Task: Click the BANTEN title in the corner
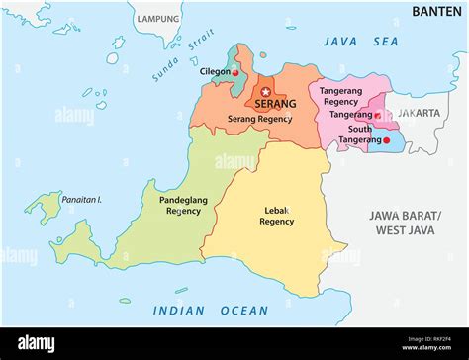436,11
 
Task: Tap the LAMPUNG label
158,19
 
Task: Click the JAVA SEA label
360,42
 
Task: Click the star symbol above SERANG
265,92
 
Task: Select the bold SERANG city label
274,104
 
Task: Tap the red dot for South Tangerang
386,140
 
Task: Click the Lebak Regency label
276,216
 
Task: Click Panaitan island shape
42,207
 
